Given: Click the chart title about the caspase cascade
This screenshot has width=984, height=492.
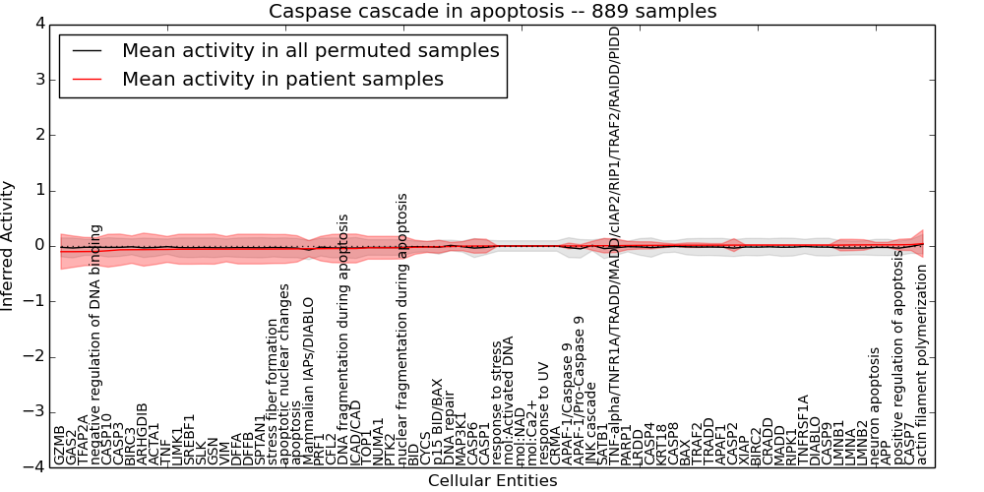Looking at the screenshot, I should [493, 12].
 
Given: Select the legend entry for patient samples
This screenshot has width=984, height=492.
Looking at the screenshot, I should [282, 79].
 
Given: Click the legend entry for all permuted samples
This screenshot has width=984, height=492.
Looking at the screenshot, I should [310, 50].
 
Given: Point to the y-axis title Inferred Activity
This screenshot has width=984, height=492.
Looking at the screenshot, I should [8, 246].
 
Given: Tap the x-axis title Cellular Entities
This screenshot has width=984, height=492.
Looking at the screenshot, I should [492, 481].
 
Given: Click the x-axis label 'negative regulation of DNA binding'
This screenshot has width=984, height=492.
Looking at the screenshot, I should [96, 344].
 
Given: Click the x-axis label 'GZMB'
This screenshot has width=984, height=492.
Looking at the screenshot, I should [61, 446].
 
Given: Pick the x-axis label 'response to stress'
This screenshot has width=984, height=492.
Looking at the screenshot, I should [498, 402].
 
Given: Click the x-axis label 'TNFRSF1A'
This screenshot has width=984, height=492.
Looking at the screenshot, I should [803, 429].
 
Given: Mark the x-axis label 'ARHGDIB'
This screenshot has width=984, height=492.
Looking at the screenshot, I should [143, 434].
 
